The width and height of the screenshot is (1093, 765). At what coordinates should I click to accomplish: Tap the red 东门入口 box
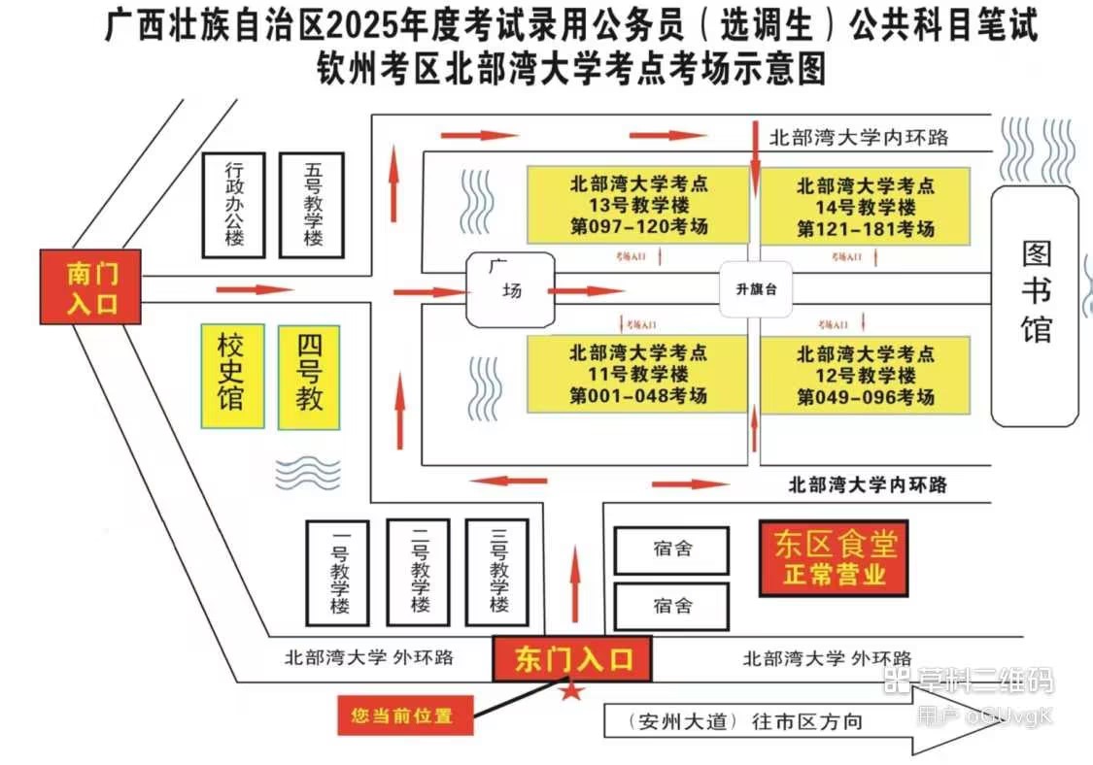click(572, 659)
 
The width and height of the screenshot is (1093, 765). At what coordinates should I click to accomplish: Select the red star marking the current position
click(572, 690)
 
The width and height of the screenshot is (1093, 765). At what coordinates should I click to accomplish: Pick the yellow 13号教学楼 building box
click(637, 205)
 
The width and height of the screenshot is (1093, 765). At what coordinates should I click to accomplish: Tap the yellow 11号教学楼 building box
click(637, 374)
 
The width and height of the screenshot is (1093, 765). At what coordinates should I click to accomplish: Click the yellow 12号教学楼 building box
click(865, 375)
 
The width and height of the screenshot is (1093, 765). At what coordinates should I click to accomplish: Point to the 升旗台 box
click(755, 289)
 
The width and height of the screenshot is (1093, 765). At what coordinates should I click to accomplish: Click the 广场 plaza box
click(511, 288)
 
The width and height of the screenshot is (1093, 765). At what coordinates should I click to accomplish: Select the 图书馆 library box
click(1035, 305)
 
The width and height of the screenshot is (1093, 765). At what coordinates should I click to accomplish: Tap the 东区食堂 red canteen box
click(834, 559)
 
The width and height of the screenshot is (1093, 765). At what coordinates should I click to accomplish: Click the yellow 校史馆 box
click(232, 376)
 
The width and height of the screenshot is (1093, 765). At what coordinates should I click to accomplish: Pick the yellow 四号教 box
click(309, 376)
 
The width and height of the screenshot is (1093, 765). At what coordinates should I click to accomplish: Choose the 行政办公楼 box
click(234, 205)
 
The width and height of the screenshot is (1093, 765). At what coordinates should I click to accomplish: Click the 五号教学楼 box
click(312, 205)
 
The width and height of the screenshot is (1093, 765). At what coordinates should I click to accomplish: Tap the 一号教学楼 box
click(338, 573)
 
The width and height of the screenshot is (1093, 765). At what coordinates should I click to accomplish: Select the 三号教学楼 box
click(496, 573)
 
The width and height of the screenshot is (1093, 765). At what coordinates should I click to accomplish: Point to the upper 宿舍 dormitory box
click(671, 550)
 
